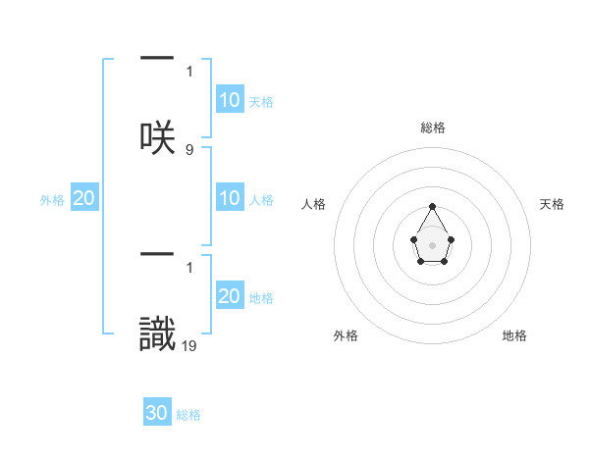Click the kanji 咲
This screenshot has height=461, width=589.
tap(157, 137)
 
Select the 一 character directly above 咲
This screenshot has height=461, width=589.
tap(157, 58)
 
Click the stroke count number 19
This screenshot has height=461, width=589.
tap(190, 345)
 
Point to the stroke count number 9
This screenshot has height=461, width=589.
tap(189, 149)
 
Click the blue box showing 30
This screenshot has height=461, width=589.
tap(157, 413)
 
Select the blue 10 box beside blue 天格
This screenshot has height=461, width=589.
tap(230, 100)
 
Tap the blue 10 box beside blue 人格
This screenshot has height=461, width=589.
tap(230, 198)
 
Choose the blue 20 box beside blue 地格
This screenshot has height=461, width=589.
tap(230, 296)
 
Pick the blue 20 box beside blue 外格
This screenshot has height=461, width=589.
tap(84, 198)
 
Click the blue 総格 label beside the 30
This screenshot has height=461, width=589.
tap(189, 415)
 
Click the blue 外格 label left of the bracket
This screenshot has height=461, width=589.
tap(52, 200)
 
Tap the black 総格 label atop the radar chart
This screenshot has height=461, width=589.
tap(432, 128)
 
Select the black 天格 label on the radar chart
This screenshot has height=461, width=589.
tap(553, 204)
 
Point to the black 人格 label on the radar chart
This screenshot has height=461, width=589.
tap(314, 204)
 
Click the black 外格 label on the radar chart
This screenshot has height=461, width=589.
tap(346, 335)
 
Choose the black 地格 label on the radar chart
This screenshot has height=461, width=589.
tap(514, 335)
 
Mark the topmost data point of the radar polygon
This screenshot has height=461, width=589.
tap(432, 206)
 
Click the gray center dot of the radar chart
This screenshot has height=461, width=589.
tap(432, 243)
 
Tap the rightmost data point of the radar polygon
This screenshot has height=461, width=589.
tap(451, 238)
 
